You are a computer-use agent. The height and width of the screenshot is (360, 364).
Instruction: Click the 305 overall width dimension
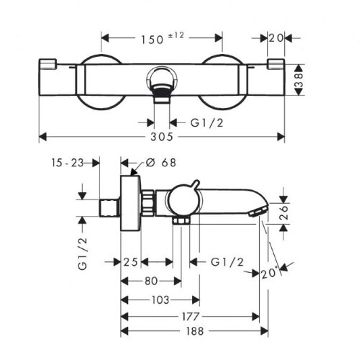(162, 137)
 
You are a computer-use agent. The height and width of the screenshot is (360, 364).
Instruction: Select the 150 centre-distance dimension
(152, 40)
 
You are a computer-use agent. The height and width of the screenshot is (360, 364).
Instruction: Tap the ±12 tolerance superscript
(176, 35)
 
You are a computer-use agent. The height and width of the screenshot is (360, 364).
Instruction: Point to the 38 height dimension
(299, 80)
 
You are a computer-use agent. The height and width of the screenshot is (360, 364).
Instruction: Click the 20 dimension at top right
(276, 38)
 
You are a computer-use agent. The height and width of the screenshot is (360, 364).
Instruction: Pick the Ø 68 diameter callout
(161, 163)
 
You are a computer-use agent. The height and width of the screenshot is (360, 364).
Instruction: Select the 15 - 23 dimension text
(68, 163)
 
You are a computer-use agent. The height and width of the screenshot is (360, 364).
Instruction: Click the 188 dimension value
(195, 331)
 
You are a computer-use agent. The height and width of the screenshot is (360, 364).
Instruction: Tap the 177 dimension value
(191, 317)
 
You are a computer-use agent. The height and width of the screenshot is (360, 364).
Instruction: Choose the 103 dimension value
(160, 300)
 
